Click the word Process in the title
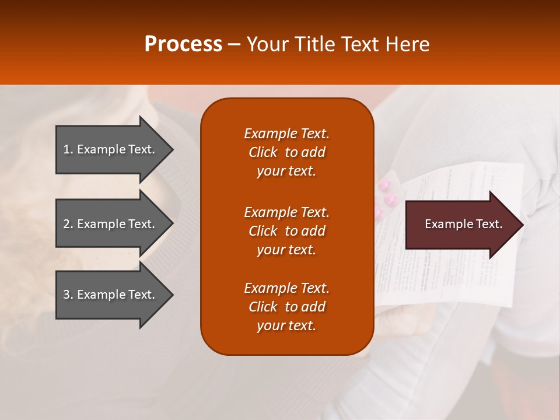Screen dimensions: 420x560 [183, 44]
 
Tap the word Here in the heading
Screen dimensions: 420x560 [407, 44]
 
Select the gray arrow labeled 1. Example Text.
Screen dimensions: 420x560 [109, 149]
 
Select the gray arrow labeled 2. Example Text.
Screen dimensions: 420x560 [109, 224]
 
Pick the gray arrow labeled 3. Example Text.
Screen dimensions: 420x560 [109, 295]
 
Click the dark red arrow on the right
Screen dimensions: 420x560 [461, 225]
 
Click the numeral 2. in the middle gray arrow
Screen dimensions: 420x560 [68, 224]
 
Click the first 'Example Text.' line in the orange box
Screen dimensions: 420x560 [286, 134]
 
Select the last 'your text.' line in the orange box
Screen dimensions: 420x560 [286, 325]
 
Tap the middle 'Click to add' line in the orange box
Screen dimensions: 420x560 [286, 231]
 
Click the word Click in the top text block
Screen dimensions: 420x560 [262, 152]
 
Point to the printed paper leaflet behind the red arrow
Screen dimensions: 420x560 [443, 280]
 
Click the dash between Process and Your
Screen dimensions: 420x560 [235, 44]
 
